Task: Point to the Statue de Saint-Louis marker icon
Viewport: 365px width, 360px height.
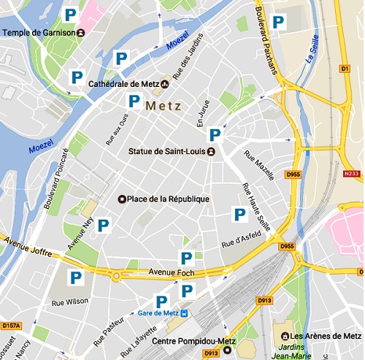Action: [210, 152]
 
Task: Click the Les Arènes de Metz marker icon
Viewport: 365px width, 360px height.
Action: [274, 336]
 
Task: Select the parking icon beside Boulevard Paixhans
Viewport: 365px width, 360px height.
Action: [278, 23]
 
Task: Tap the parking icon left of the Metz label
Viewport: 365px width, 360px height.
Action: [134, 102]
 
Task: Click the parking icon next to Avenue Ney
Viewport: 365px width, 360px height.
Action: [104, 226]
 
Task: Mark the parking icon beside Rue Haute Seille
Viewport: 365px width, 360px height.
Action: [239, 214]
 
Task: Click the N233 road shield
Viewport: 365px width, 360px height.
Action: [352, 174]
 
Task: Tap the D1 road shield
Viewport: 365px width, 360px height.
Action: [346, 69]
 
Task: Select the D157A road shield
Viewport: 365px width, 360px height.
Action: [11, 326]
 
